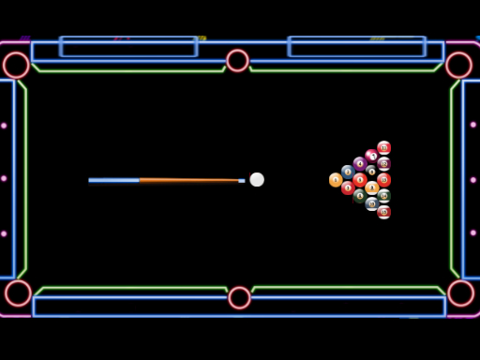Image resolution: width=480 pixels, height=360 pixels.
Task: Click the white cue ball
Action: [257, 179]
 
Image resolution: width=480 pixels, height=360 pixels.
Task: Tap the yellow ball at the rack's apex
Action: [336, 180]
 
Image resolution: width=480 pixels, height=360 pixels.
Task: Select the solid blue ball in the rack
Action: [348, 172]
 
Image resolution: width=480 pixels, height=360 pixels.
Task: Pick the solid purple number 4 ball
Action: [360, 163]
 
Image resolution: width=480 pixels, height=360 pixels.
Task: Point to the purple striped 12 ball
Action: [383, 163]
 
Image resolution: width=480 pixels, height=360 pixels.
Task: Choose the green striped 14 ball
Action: [383, 196]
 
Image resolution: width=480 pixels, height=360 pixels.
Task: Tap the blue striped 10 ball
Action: [372, 203]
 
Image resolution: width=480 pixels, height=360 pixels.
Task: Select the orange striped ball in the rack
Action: [372, 187]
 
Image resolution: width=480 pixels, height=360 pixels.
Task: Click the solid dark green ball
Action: [360, 196]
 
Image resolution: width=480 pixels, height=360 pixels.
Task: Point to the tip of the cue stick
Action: [243, 180]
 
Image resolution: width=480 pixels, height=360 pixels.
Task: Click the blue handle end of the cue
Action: [94, 180]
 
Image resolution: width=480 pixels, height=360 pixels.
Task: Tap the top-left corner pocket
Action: [16, 65]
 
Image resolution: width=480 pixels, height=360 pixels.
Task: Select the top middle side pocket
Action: [237, 61]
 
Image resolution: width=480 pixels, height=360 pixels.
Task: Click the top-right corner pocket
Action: [458, 65]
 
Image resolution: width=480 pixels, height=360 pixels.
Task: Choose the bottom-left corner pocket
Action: [18, 292]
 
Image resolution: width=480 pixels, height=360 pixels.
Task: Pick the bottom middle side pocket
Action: [239, 298]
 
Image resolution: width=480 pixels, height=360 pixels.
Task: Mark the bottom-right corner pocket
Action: [460, 292]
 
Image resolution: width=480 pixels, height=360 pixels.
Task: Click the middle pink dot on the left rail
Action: [4, 178]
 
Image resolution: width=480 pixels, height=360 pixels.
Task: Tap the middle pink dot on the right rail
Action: [473, 179]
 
